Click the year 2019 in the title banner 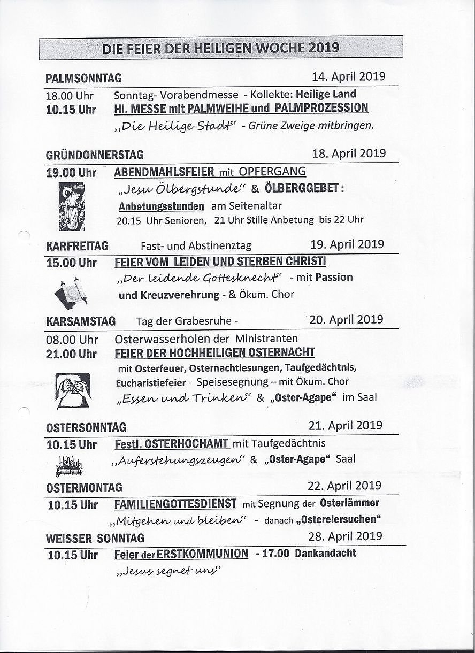[323, 48]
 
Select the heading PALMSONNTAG [84, 79]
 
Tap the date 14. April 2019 [349, 76]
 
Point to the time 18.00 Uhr [70, 96]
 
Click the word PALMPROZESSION [322, 108]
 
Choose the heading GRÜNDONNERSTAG [95, 155]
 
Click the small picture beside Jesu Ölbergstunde [71, 206]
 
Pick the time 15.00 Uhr [71, 263]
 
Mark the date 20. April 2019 [346, 319]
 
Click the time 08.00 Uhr [72, 340]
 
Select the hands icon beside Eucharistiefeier [73, 390]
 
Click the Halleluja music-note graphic [70, 466]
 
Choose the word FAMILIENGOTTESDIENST [175, 504]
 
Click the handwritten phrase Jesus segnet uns [167, 572]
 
